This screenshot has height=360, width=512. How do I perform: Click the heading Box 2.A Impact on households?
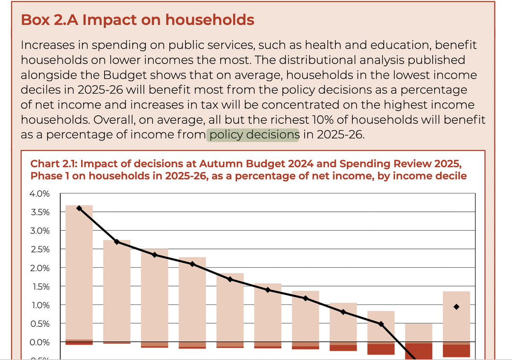point(138,20)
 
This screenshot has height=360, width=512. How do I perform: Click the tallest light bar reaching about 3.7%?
point(79,273)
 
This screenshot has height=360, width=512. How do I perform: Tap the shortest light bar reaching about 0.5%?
point(419,333)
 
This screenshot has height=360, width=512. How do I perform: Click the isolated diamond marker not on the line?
point(456,307)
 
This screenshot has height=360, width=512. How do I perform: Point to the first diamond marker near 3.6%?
point(79,208)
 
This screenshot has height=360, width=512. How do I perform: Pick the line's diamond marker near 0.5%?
point(381,324)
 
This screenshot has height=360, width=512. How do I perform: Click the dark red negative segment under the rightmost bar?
point(456,351)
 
